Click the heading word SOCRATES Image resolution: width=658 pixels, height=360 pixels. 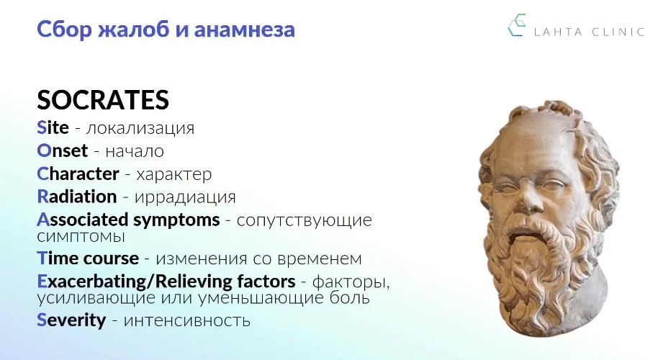tap(103, 100)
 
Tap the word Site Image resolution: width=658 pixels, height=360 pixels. tap(53, 127)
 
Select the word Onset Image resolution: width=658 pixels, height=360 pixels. tap(63, 150)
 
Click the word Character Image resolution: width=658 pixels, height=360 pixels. tap(78, 174)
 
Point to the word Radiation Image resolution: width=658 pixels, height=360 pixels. tap(77, 197)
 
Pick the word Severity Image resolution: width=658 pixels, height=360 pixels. tap(71, 320)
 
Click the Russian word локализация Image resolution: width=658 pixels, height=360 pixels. tap(140, 128)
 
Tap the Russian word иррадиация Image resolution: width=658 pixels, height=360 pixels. tap(185, 197)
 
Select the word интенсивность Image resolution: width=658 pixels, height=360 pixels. tap(186, 321)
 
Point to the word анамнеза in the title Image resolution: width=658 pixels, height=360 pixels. tap(244, 30)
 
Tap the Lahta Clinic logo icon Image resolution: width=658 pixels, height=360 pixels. tap(517, 25)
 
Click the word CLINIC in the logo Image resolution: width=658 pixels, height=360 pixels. tap(618, 32)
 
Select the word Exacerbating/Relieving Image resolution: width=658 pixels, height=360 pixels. tap(166, 282)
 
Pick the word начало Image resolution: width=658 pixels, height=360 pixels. tap(135, 151)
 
